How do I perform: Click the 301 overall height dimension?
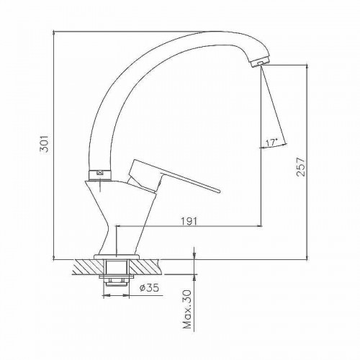pos(45,143)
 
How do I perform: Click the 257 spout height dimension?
pos(301,167)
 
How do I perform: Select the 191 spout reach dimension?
pos(189,221)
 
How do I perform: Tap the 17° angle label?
pos(271,143)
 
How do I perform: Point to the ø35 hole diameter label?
pos(149,287)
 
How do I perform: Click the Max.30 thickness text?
pos(187,310)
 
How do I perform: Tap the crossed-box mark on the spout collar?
pos(100,173)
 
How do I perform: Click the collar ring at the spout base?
pos(100,175)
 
